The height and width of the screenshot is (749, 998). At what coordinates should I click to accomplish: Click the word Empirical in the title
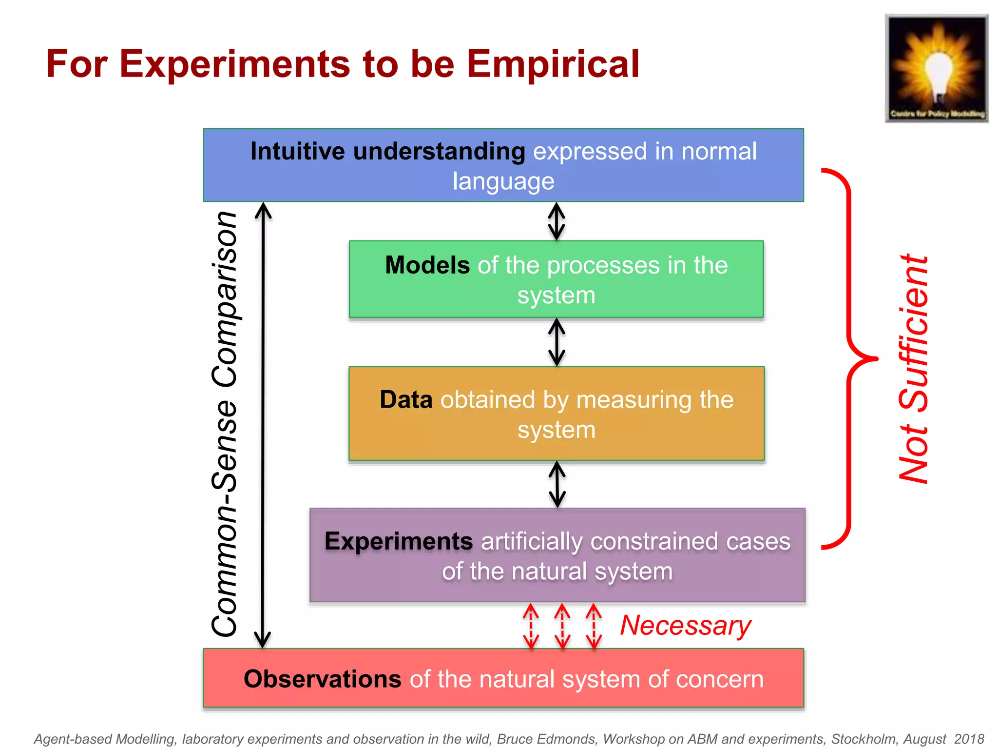click(553, 64)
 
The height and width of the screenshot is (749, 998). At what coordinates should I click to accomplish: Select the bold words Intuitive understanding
click(387, 151)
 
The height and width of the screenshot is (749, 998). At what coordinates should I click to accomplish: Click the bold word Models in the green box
click(427, 265)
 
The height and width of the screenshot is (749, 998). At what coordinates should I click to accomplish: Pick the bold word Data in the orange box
click(406, 400)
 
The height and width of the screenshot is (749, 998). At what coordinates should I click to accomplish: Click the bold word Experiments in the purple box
click(399, 541)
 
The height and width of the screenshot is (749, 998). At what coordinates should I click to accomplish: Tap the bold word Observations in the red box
click(322, 679)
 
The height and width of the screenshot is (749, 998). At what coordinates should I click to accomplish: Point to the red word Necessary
click(685, 626)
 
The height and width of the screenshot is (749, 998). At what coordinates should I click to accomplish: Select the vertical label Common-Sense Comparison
click(225, 424)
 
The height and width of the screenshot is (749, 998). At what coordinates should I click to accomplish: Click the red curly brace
click(850, 358)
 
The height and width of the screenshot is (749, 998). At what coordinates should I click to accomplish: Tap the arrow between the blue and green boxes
click(557, 221)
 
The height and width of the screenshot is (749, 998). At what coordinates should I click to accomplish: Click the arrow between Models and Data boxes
click(557, 342)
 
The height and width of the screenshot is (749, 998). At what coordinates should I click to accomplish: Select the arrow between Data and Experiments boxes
click(557, 484)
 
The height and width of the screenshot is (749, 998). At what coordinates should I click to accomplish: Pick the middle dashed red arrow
click(562, 626)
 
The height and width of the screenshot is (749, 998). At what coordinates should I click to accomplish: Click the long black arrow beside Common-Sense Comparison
click(263, 424)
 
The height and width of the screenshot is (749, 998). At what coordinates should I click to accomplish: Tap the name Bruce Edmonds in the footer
click(547, 739)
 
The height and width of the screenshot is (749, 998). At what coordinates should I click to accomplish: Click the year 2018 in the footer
click(969, 739)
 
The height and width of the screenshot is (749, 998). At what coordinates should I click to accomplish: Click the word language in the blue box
click(503, 181)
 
